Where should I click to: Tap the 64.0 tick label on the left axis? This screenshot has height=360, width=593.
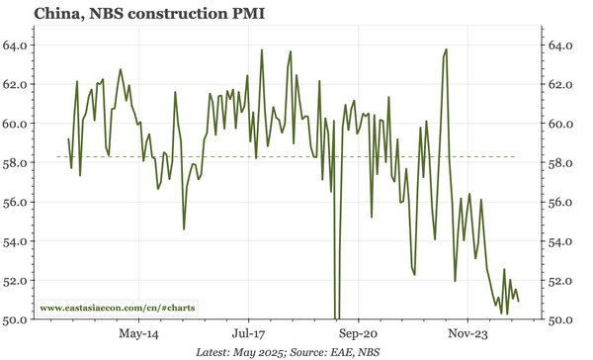point(16,45)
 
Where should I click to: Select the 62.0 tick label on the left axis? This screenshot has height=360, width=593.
point(16,85)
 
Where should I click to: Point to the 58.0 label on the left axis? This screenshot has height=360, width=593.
point(16,163)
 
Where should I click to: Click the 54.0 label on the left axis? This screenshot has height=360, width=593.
point(16,241)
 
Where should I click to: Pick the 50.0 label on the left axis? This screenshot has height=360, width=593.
point(16,319)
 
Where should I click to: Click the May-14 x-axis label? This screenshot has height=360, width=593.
point(137,334)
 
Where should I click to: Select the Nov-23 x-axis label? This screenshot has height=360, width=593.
point(465,334)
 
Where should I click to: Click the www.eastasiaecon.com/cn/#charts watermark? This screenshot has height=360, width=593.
point(118,308)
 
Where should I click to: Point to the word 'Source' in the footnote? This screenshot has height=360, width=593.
point(330,352)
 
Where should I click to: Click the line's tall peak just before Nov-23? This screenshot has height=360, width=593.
point(447,49)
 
